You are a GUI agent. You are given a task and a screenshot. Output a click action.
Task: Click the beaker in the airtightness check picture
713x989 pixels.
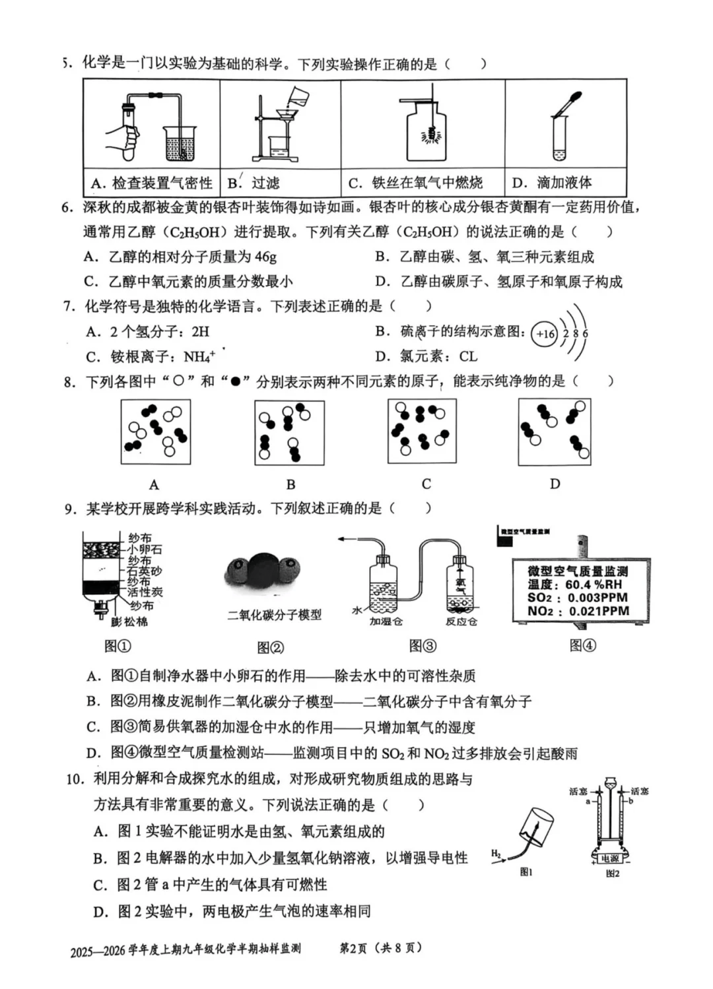point(179,144)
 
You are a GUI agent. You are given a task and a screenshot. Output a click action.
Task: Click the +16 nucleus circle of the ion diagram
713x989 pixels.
point(545,334)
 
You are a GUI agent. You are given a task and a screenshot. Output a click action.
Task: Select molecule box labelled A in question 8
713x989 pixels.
point(156,431)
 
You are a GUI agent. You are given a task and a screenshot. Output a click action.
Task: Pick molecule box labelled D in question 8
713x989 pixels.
point(555,431)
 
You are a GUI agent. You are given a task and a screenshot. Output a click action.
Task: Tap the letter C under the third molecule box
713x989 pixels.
point(426,484)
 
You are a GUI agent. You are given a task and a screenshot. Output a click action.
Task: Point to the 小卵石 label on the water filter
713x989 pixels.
point(145,549)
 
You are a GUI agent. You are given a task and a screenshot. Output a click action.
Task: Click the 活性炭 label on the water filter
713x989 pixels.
point(145,592)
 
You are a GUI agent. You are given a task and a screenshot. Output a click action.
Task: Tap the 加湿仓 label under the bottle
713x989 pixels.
point(386,622)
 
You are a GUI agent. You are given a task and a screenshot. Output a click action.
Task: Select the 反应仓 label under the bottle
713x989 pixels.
point(461,622)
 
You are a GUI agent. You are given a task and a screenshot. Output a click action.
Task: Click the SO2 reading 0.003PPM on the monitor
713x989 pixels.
point(597,598)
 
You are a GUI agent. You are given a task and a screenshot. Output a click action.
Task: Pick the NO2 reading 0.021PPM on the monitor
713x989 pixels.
point(598,611)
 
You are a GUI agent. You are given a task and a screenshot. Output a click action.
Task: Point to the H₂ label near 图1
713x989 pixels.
point(496,854)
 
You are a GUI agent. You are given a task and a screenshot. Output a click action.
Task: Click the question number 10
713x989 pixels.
point(75,779)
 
